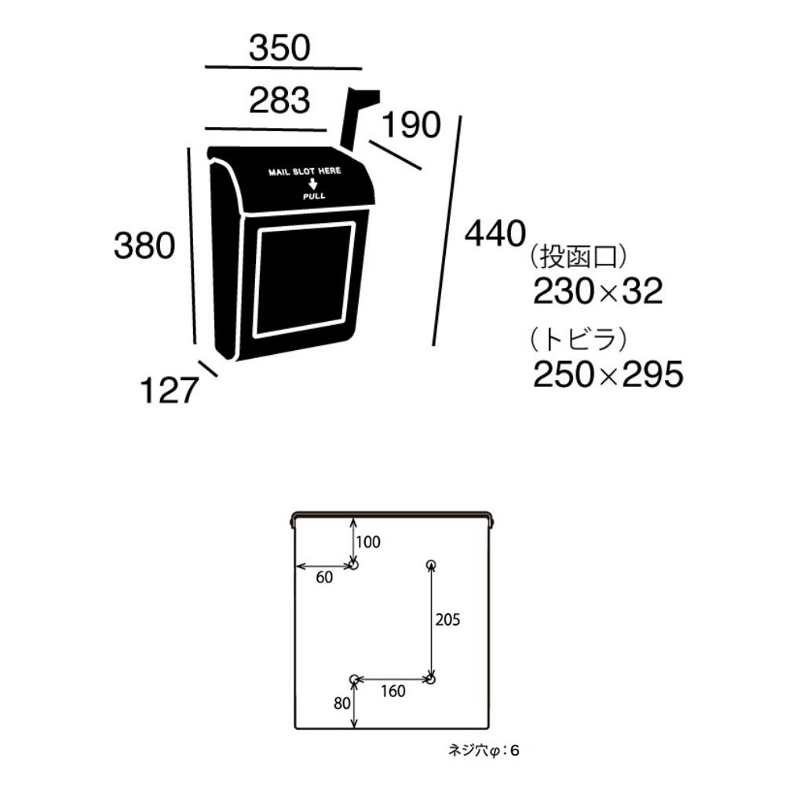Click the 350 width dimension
pos(280,48)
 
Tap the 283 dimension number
pos(280,100)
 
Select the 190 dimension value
pos(411,124)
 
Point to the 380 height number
pos(144,245)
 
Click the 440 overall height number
pos(495,233)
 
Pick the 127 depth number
pos(169,390)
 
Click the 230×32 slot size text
pos(597,291)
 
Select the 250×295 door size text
pos(608,374)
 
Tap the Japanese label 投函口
pos(578,257)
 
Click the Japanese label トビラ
pos(578,339)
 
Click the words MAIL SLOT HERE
pos(305,171)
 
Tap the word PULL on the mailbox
pos(314,195)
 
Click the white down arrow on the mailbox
pos(313,184)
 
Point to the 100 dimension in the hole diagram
pos(368,542)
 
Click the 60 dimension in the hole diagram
pos(324,577)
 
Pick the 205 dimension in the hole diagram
pos(447,620)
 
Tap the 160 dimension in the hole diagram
pos(393,692)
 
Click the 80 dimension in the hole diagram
pos(342,703)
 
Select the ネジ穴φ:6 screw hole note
pos(484,750)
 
